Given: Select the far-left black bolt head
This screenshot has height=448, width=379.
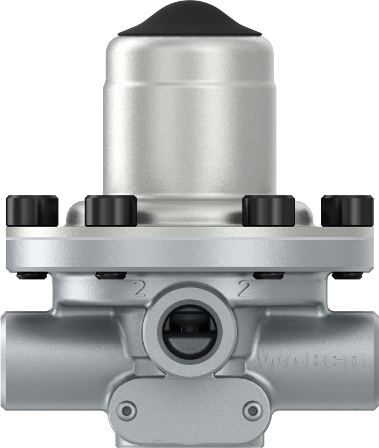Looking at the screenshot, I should click(x=32, y=211).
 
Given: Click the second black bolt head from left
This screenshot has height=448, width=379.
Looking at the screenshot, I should click(x=111, y=211).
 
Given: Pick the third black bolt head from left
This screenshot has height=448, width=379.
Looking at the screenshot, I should click(x=268, y=211).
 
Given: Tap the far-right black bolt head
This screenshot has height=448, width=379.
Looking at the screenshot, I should click(x=347, y=211).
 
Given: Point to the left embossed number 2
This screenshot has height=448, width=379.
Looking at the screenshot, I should click(x=140, y=290).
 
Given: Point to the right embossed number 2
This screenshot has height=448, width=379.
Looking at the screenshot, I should click(x=244, y=290).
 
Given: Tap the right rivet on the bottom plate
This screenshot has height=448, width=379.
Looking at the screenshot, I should click(x=254, y=410).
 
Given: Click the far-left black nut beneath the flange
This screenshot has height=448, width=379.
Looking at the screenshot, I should click(x=31, y=275).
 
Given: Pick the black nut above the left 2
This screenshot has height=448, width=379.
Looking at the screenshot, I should click(x=110, y=275).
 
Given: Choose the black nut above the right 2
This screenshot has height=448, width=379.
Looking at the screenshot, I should click(x=268, y=275).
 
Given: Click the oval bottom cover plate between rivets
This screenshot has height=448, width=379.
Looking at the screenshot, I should click(x=189, y=412).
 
